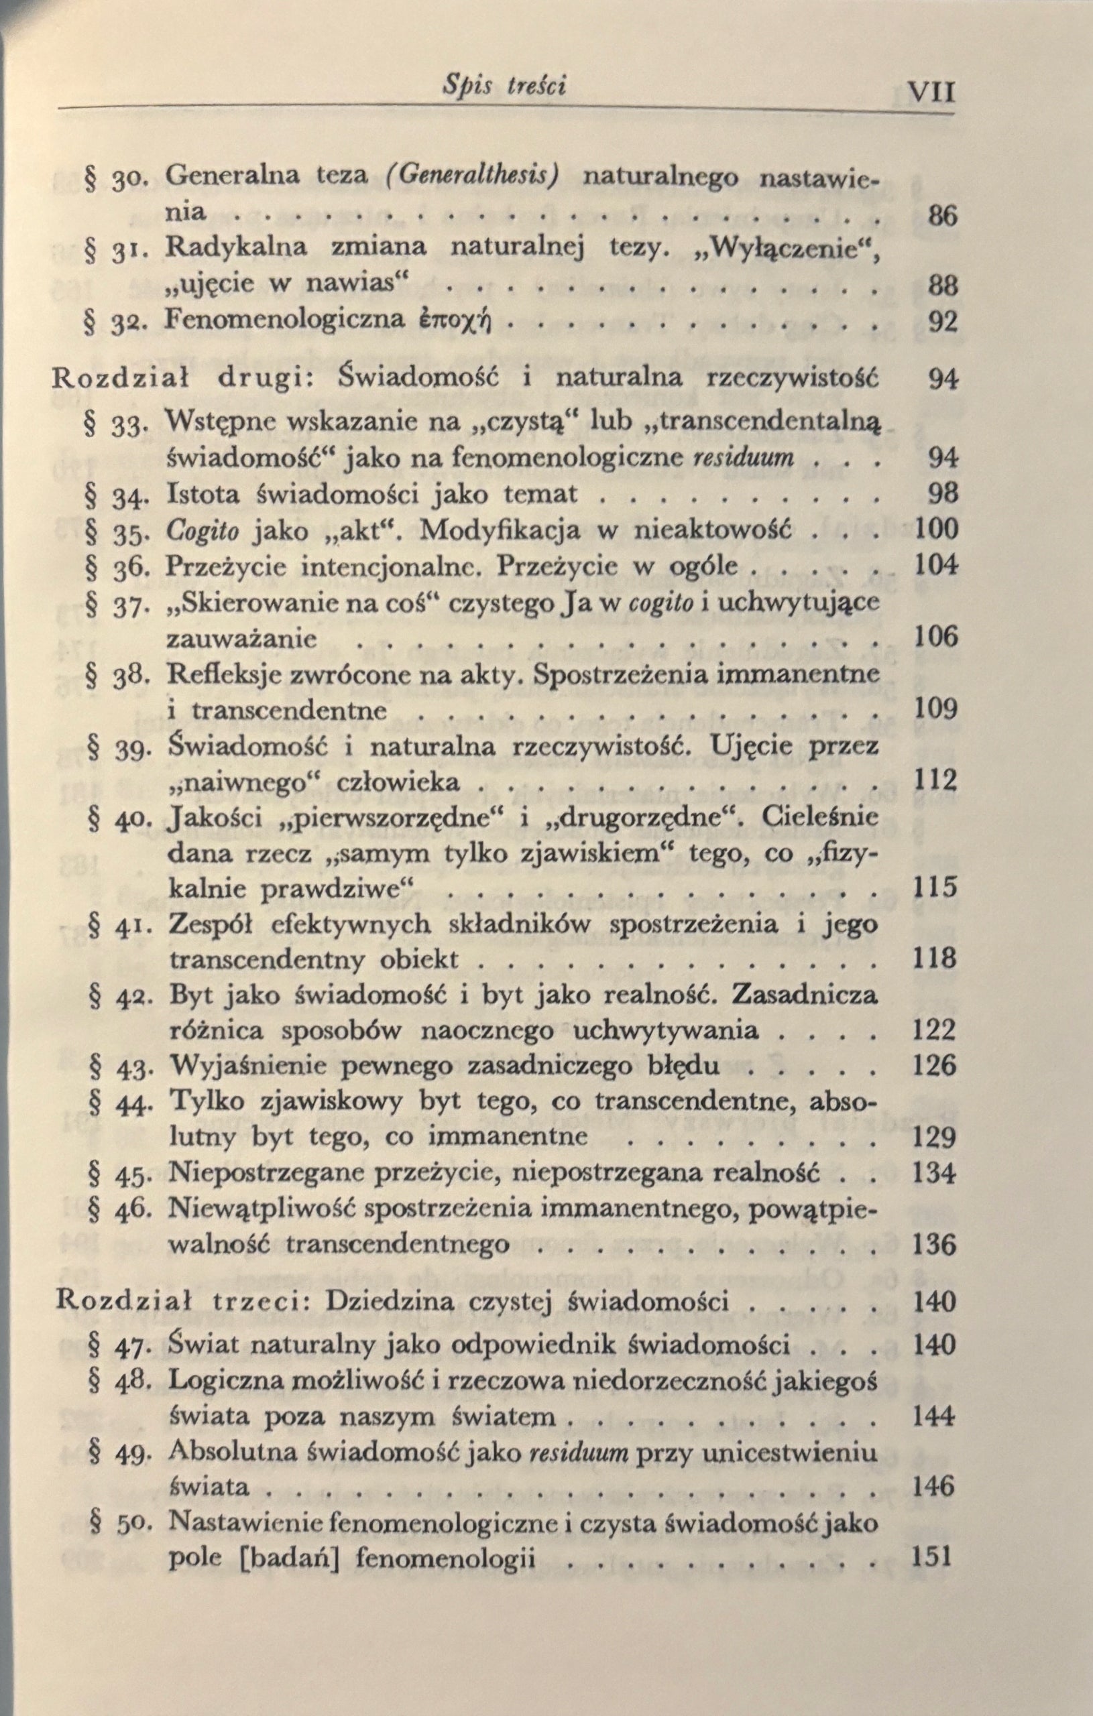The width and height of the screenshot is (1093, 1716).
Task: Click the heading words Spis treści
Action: tap(504, 86)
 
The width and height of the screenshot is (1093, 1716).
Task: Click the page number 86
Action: tap(942, 214)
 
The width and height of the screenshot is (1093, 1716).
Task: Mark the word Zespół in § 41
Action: tap(212, 924)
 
